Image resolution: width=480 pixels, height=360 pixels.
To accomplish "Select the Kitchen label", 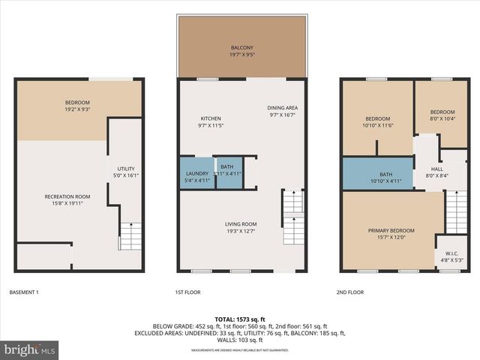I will coord(210,121).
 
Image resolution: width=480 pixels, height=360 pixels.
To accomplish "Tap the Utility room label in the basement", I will coord(124,172).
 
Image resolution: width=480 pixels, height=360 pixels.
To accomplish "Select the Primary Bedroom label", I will coord(391,233).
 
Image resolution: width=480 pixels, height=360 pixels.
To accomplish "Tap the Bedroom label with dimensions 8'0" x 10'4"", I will coord(441,115).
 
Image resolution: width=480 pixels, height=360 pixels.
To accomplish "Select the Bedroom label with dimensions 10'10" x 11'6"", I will coord(377,121).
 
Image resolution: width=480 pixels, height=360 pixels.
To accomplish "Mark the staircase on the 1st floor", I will coord(292,217).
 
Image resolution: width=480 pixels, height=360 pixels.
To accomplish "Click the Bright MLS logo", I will coord(30,349).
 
